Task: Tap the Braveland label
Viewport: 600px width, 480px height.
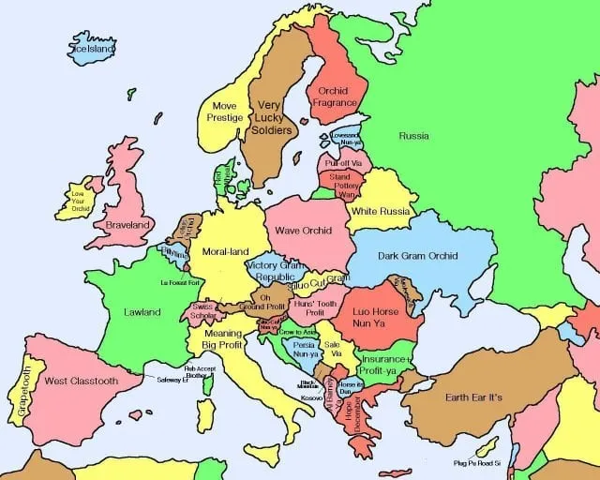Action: [x=128, y=226]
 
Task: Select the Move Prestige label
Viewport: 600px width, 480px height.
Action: [x=225, y=112]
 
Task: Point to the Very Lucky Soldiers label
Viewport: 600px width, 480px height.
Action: [x=270, y=117]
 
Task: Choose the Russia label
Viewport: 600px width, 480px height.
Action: [x=413, y=136]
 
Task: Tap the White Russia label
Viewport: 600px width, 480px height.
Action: [x=382, y=212]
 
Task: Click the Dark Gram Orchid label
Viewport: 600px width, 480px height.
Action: [x=417, y=256]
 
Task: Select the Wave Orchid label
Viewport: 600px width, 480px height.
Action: [x=304, y=231]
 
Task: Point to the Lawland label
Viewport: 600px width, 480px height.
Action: [x=142, y=312]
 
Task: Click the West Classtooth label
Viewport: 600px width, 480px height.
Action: [x=82, y=382]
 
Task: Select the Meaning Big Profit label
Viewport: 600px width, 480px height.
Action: [x=222, y=339]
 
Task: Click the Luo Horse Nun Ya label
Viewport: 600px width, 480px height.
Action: [x=376, y=317]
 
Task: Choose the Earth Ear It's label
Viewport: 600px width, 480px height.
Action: [x=473, y=397]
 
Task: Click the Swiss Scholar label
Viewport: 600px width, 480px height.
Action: [x=202, y=311]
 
